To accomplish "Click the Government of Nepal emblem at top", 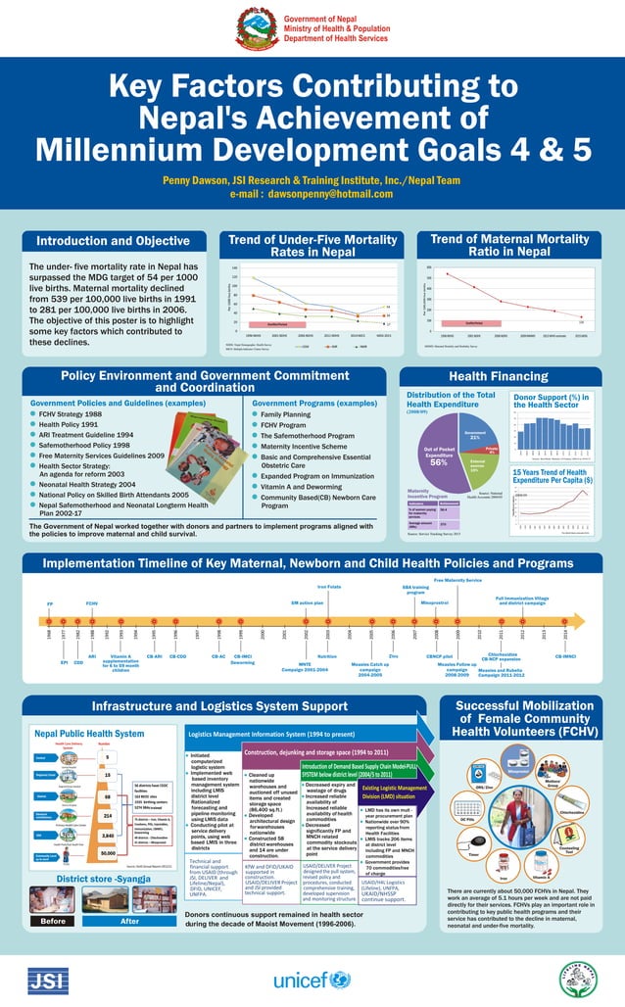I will tap(257, 29).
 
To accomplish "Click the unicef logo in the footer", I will tap(311, 979).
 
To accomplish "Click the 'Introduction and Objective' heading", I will tap(114, 242).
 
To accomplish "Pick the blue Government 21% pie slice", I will tap(475, 434).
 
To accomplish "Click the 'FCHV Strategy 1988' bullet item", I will tap(73, 414).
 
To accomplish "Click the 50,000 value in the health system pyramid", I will tap(109, 852).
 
